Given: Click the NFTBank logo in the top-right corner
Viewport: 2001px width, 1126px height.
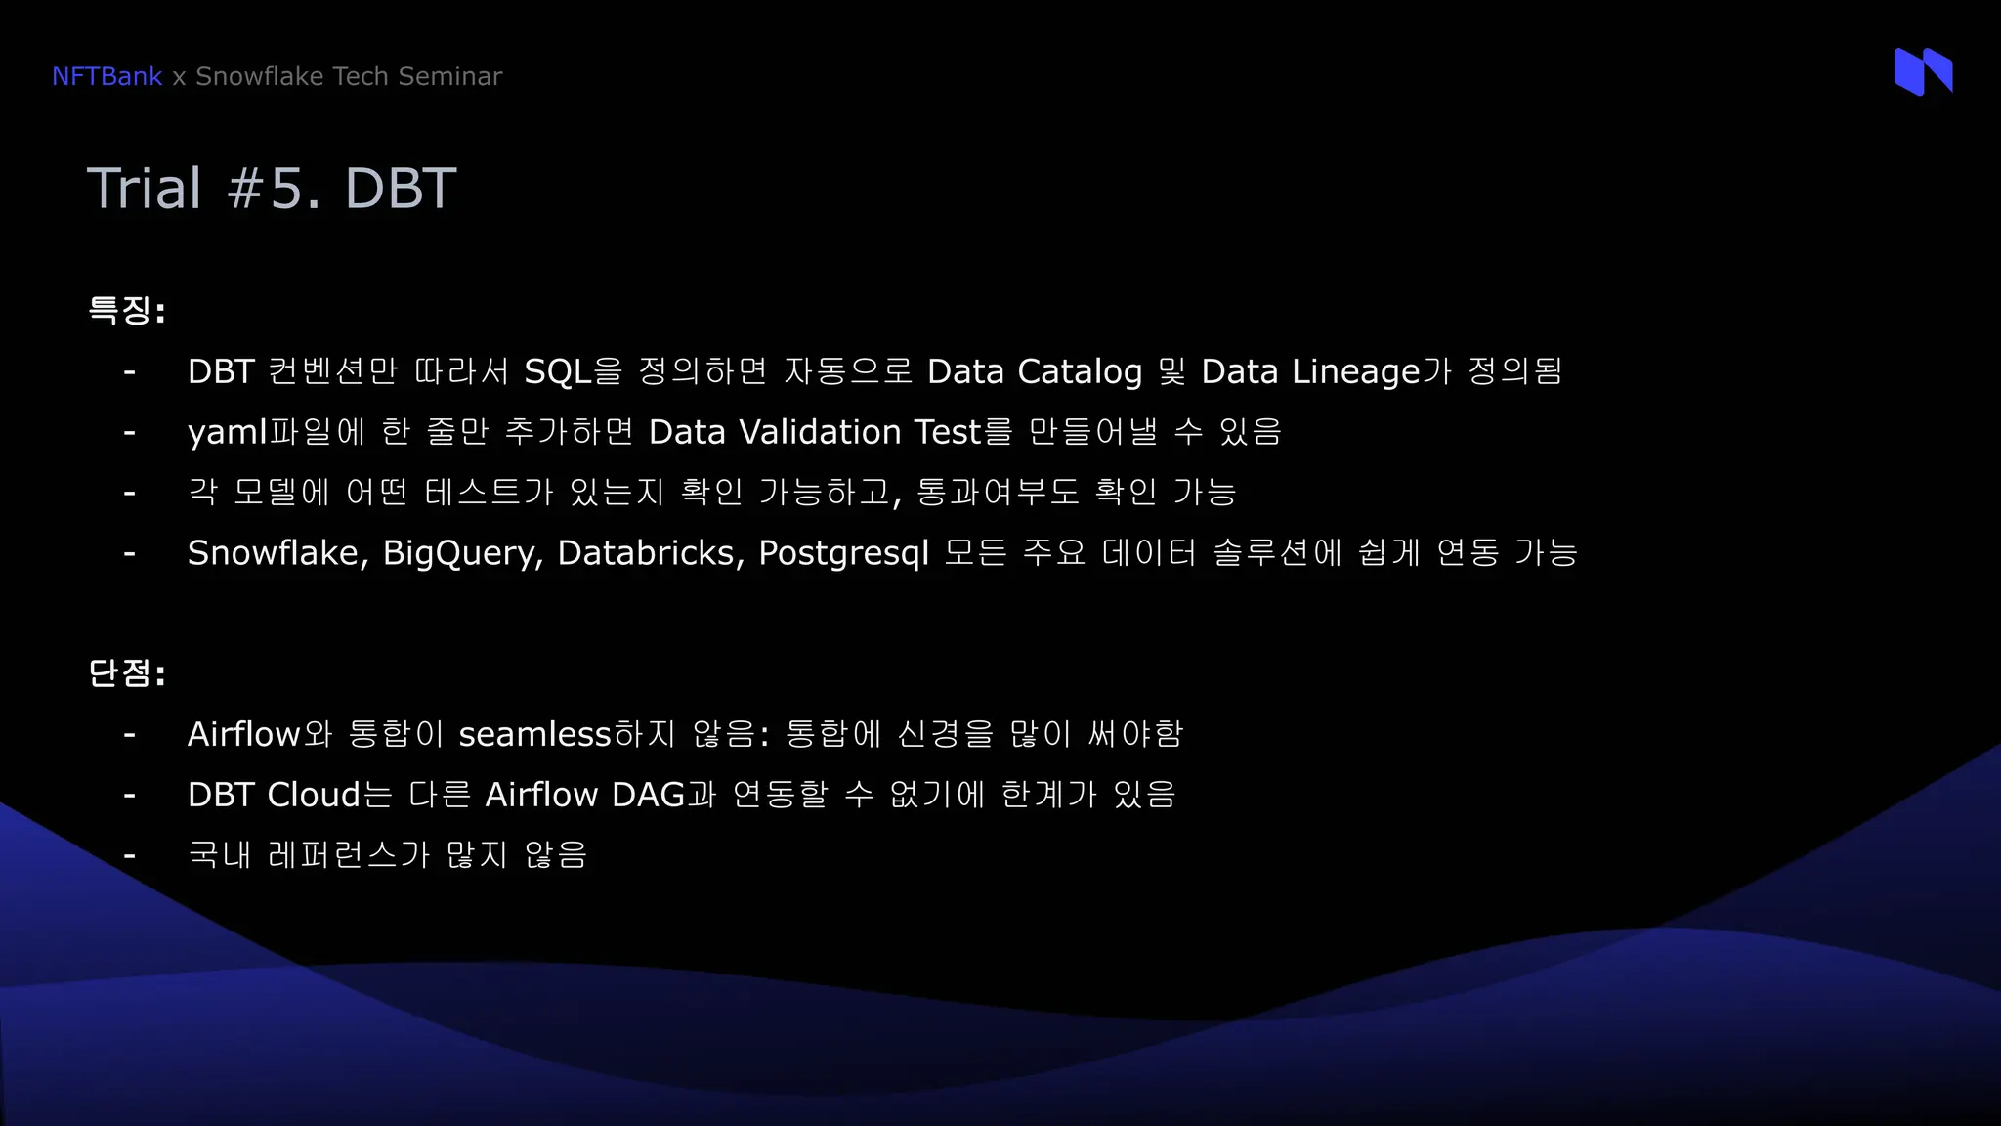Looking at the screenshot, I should point(1923,71).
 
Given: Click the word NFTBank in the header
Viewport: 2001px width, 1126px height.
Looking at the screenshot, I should point(106,76).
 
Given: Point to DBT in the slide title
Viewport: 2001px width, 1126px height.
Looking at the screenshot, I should point(401,188).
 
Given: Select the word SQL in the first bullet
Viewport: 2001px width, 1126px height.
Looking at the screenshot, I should point(558,371).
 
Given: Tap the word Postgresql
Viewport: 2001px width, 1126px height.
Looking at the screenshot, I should point(843,554).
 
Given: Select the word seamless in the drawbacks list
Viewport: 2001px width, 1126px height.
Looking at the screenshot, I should point(534,734).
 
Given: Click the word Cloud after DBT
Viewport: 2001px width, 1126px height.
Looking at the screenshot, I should point(314,795).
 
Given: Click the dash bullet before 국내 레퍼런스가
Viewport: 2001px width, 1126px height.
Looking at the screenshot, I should point(129,856).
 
